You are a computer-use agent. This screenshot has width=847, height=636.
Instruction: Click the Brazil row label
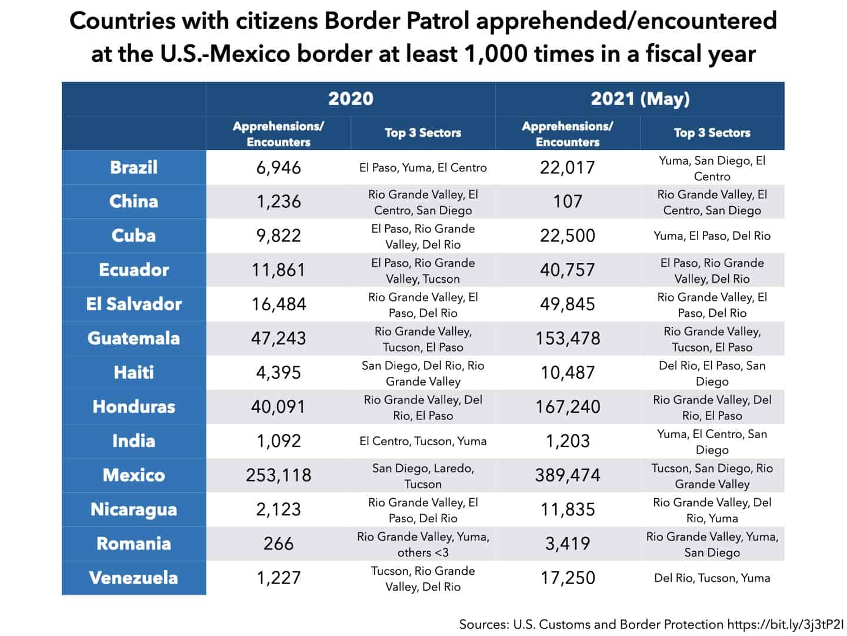(134, 167)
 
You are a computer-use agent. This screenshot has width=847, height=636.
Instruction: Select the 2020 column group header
(351, 98)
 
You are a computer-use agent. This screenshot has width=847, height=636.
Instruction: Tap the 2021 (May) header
(640, 98)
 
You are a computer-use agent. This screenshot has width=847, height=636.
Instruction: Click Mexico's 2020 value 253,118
(278, 475)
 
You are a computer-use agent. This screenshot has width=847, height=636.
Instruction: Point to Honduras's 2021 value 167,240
(568, 407)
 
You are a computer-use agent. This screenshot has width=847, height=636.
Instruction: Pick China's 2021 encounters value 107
(568, 201)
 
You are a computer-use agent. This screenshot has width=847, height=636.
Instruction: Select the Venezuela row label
(134, 578)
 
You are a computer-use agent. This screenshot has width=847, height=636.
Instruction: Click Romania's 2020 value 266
(278, 544)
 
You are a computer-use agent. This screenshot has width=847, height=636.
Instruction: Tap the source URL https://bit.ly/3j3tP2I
(785, 624)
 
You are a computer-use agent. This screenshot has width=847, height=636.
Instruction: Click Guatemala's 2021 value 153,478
(568, 339)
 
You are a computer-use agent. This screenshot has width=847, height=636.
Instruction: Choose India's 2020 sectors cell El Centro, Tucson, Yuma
(423, 441)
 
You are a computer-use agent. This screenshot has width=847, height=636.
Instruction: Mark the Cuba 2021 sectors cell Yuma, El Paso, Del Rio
(712, 236)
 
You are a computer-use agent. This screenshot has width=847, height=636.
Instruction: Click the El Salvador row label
(134, 304)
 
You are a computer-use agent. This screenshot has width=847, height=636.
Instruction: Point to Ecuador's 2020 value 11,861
(278, 270)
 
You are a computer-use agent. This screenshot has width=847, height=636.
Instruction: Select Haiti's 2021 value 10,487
(568, 373)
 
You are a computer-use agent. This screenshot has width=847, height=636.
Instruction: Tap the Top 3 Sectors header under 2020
(423, 133)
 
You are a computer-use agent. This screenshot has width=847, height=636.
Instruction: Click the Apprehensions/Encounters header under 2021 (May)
(568, 134)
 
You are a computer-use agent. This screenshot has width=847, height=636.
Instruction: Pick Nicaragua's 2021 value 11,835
(568, 509)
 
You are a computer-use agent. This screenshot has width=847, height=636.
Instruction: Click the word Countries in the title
(121, 21)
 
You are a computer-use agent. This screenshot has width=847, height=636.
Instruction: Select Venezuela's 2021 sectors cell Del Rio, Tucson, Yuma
(712, 578)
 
